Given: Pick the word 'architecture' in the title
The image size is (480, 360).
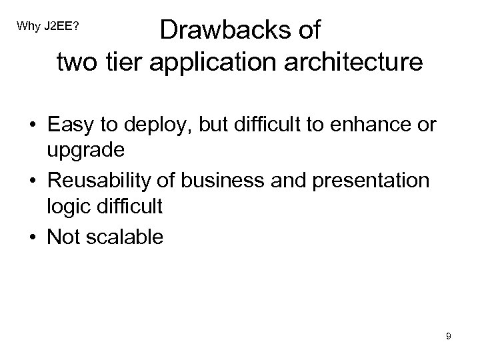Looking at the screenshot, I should pyautogui.click(x=355, y=63).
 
